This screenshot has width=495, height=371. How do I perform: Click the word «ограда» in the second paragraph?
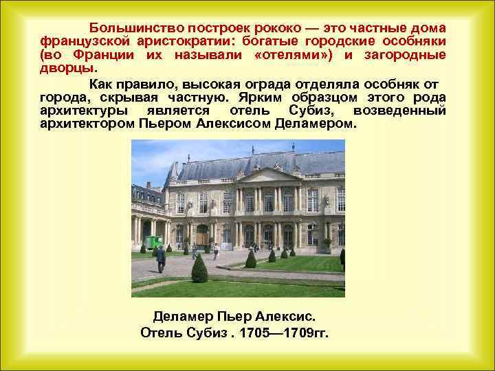coord(291,84)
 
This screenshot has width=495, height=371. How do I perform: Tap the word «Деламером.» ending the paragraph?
coord(316,124)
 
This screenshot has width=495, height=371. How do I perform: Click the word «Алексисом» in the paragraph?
coord(232,124)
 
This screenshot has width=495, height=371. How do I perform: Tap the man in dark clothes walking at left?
coord(161,258)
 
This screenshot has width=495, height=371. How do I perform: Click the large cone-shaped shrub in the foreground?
coord(200,269)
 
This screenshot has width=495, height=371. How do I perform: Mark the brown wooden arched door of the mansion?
coord(203,236)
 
